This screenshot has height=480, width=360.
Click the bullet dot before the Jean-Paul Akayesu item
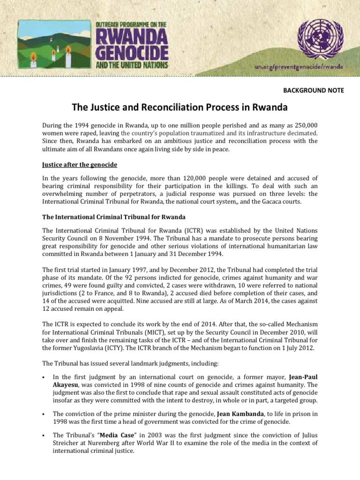pyautogui.click(x=43, y=377)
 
